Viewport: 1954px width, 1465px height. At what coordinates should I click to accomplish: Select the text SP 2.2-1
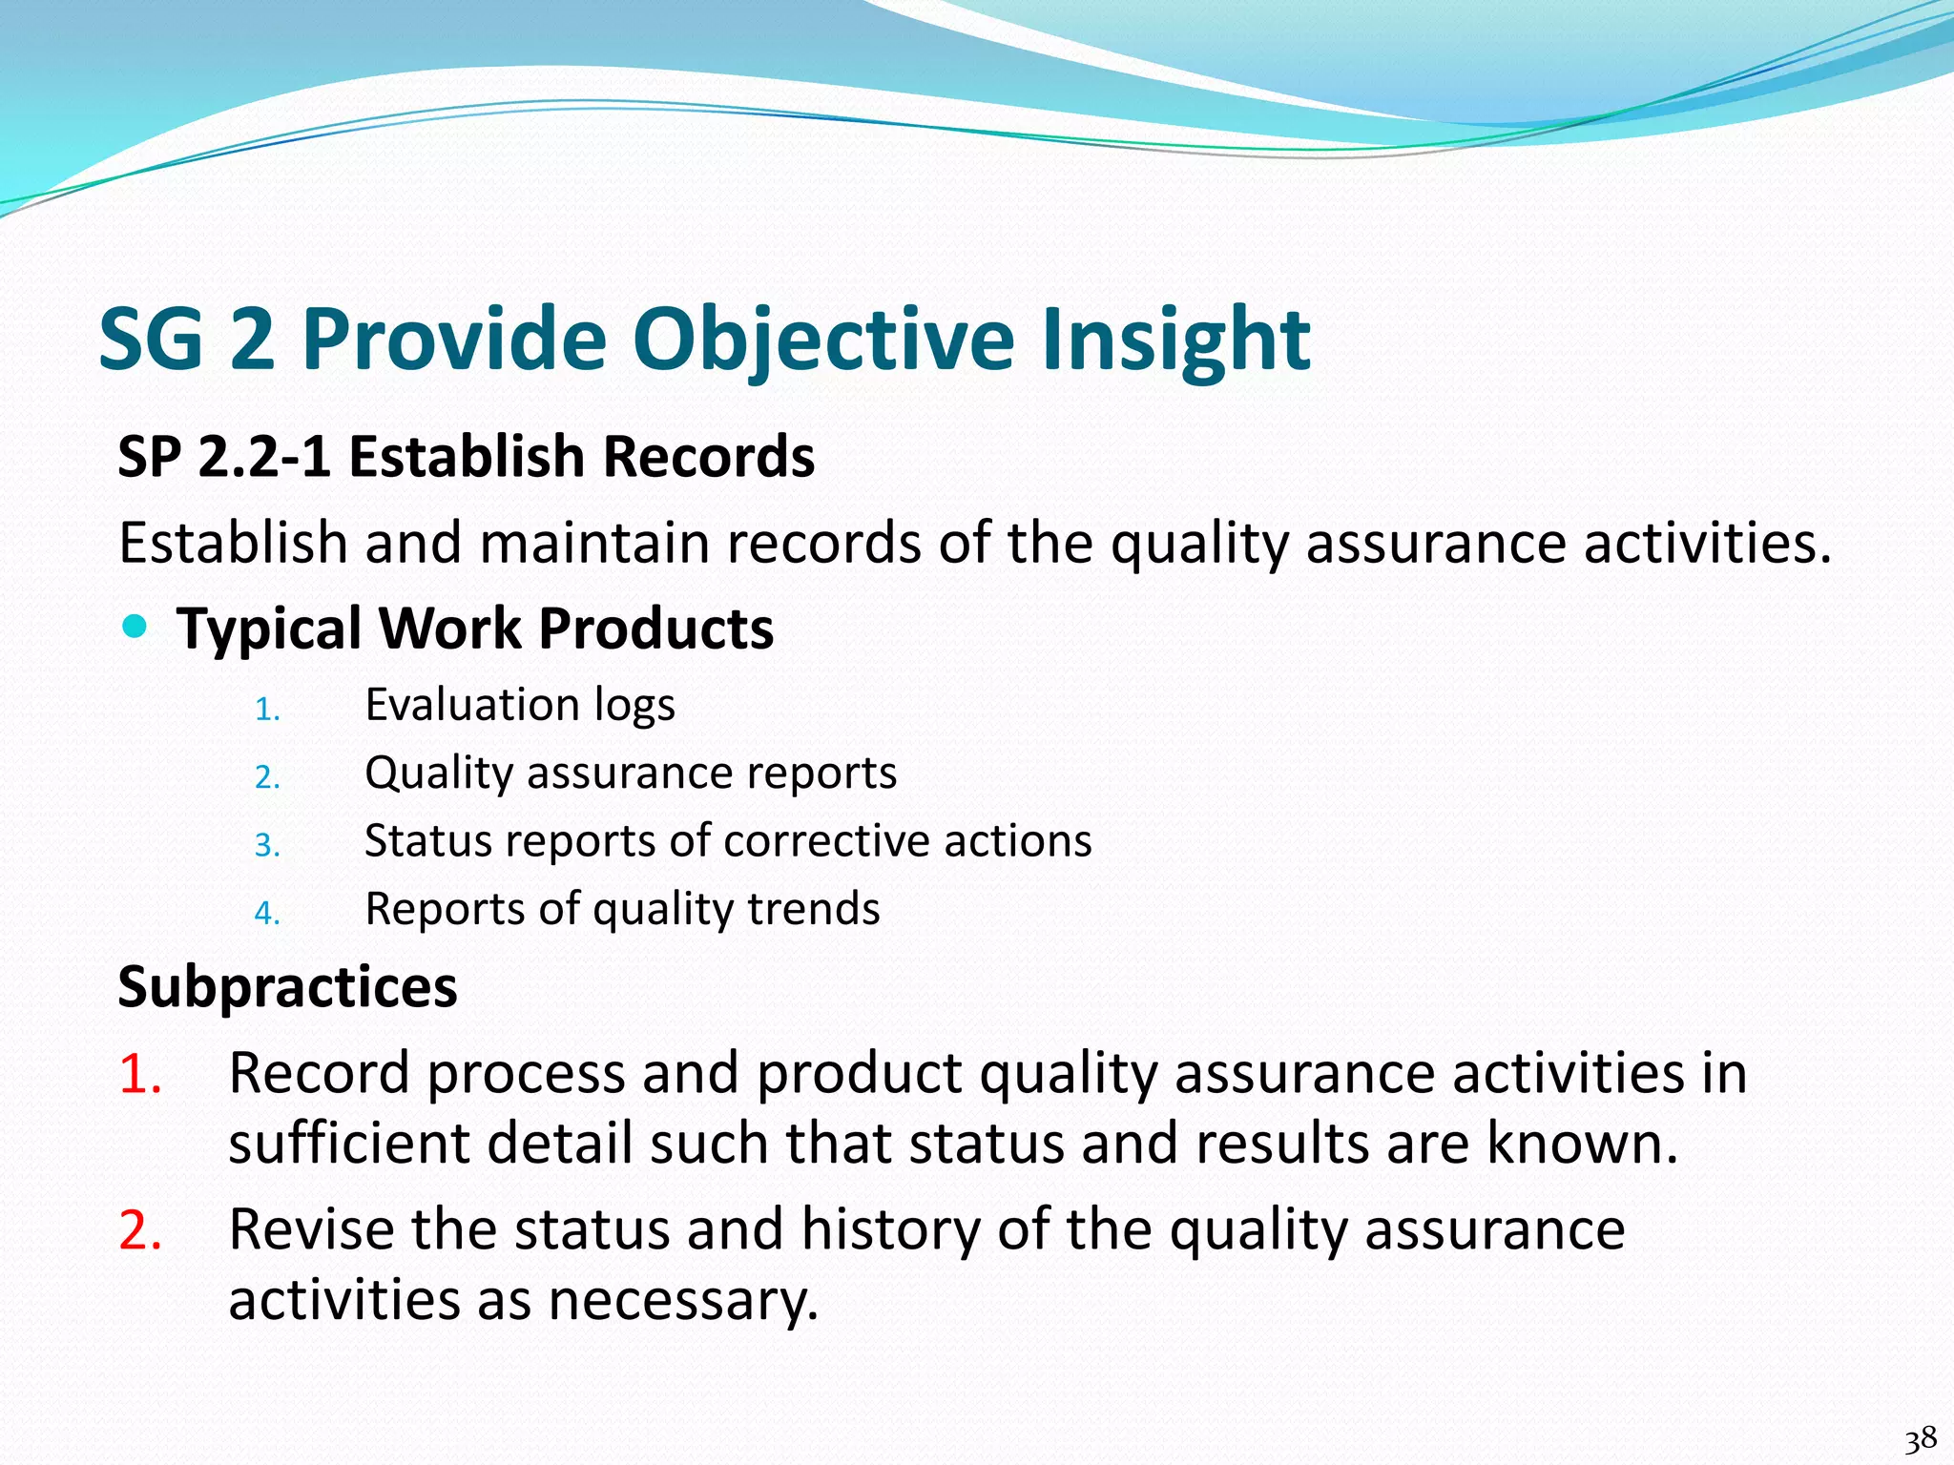[224, 457]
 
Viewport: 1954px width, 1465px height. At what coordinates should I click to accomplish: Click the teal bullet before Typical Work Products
[136, 627]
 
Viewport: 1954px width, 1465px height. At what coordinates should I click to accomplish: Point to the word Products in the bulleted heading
[655, 629]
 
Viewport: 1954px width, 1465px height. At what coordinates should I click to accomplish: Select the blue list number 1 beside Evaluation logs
[266, 710]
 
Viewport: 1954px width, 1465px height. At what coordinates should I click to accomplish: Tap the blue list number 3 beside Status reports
[266, 846]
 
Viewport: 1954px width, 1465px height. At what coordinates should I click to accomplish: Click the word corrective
[825, 841]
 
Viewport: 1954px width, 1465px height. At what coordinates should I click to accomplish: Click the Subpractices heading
[287, 986]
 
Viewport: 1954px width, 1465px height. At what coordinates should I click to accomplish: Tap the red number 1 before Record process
[139, 1074]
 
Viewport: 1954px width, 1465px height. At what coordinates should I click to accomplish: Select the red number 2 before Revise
[139, 1229]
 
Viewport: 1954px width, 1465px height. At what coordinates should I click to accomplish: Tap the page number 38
[1920, 1438]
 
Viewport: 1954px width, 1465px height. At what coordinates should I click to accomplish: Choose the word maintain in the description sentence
[594, 544]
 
